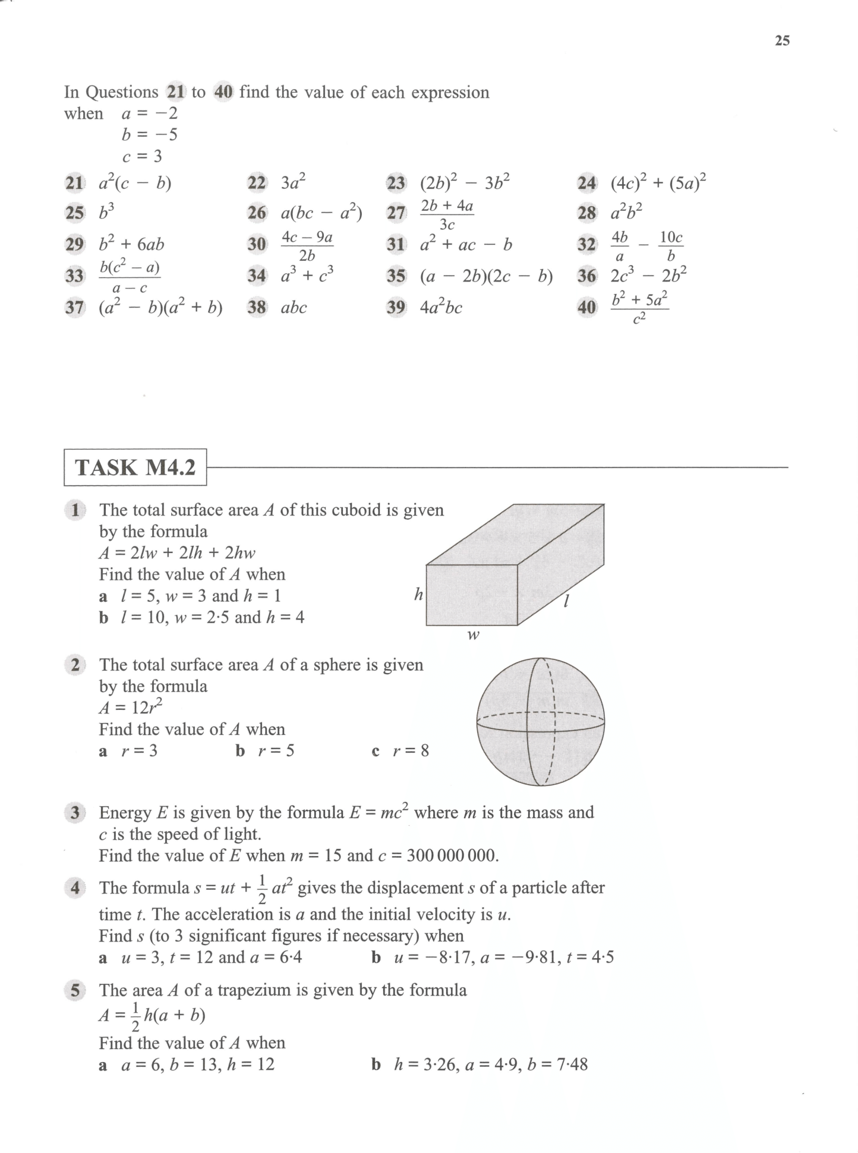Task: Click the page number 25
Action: (782, 40)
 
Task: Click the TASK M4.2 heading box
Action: (135, 467)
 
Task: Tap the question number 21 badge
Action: (74, 183)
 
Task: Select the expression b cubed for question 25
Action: (107, 212)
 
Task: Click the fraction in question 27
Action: (447, 214)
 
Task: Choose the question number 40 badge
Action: (586, 307)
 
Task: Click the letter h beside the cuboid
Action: (418, 594)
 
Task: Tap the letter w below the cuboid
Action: (473, 636)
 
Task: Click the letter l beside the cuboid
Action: (566, 601)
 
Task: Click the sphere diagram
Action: (541, 722)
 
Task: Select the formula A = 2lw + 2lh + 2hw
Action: (177, 553)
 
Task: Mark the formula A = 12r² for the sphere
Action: (131, 707)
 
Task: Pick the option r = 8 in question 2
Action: (410, 751)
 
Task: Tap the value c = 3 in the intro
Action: (142, 156)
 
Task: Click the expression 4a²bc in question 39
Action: (441, 308)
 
